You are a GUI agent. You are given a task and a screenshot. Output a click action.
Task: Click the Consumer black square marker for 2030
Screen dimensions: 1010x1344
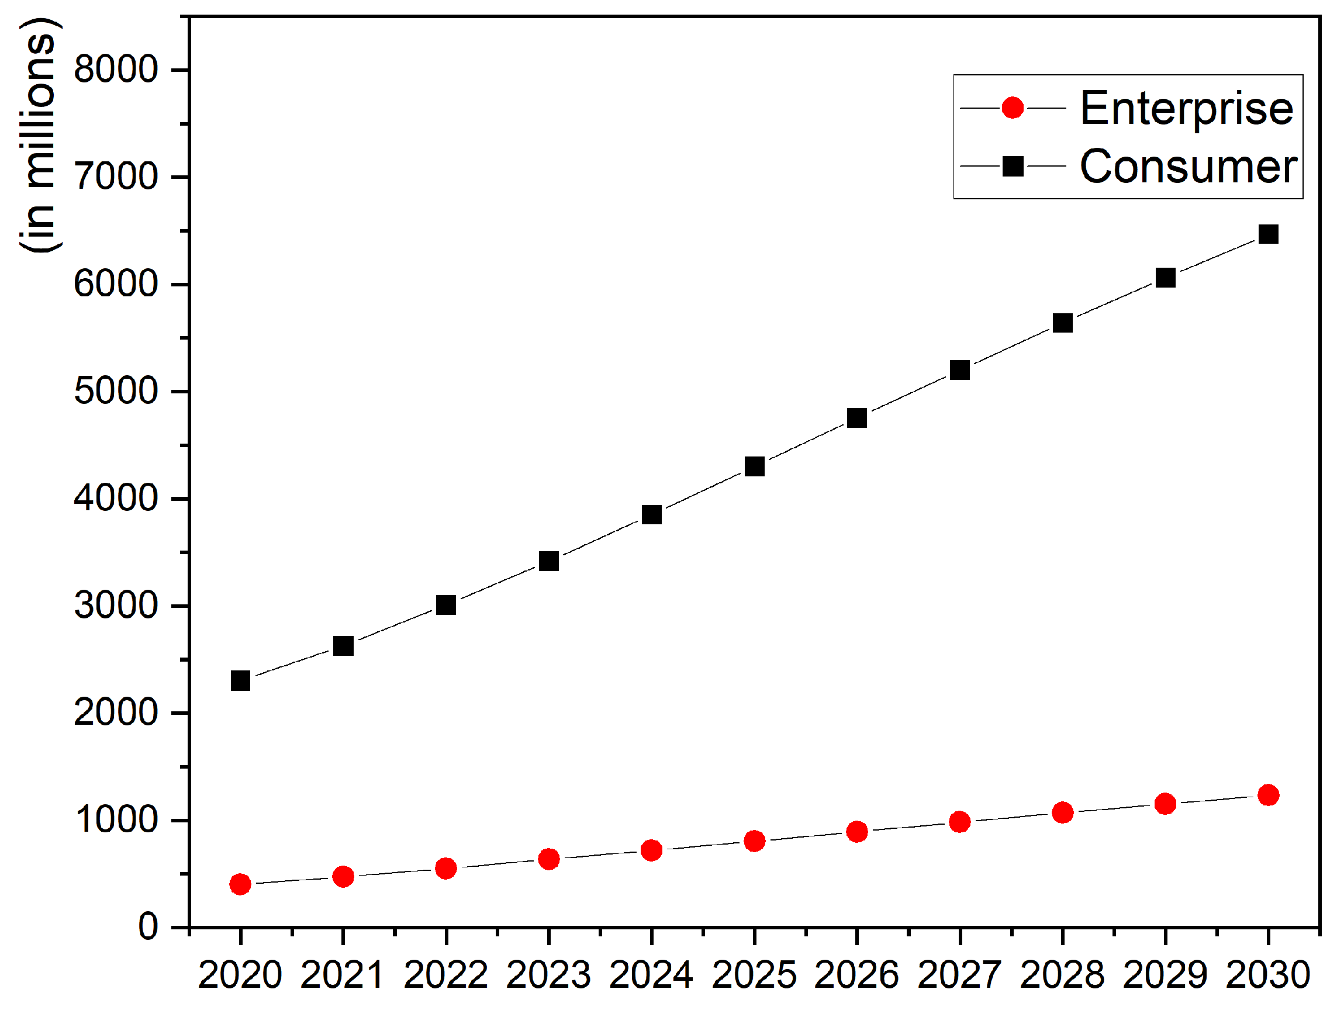(x=1268, y=234)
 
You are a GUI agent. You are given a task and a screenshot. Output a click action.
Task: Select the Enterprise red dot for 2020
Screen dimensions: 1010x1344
(x=240, y=884)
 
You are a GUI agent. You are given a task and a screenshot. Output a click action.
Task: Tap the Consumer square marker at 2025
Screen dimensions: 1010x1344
(x=754, y=466)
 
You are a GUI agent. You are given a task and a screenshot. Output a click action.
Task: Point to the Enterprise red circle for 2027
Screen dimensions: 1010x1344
(x=959, y=822)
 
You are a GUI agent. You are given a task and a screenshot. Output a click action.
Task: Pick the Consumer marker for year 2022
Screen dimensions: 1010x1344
(x=445, y=605)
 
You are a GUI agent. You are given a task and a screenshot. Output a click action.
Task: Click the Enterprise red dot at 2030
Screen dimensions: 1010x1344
(x=1268, y=795)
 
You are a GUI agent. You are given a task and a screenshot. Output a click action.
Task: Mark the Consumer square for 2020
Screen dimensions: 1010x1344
(x=240, y=681)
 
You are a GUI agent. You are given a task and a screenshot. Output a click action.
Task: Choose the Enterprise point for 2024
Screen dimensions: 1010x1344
(x=651, y=850)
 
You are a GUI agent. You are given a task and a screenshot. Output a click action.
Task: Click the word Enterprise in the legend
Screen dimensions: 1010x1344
(x=1186, y=108)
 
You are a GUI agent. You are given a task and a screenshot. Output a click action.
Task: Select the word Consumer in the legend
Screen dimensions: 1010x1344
(x=1188, y=166)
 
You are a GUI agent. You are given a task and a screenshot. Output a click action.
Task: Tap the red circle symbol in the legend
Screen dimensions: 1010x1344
(x=1013, y=108)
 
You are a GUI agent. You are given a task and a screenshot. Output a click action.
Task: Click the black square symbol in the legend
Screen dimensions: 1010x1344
(x=1013, y=165)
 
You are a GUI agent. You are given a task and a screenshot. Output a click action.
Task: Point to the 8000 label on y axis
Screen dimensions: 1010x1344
(x=115, y=69)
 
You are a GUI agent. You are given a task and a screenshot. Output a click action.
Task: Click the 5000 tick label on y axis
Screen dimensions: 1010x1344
(x=115, y=391)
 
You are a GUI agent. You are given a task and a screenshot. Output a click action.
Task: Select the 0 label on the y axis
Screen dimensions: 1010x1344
(x=148, y=927)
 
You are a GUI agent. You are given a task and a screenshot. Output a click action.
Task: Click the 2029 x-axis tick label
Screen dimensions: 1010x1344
(x=1165, y=975)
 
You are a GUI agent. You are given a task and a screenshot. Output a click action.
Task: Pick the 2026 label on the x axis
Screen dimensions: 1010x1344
(x=856, y=975)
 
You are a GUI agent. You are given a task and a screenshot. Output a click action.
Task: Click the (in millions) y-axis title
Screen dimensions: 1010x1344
(x=40, y=135)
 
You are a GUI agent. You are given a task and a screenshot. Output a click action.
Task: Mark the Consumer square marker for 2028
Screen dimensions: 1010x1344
(x=1062, y=323)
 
